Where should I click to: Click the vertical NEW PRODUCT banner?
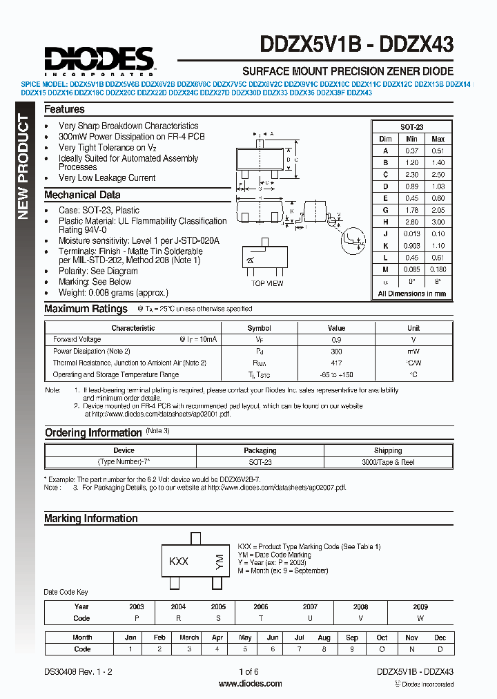tap(23, 166)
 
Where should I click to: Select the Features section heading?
tap(64, 109)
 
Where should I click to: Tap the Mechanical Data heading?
tap(82, 195)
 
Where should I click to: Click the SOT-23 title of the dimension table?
tap(411, 127)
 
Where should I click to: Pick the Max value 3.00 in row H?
tap(438, 222)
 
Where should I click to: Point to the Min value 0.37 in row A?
tap(412, 150)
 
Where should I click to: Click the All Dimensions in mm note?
tap(411, 294)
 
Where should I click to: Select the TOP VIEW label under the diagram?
tap(267, 283)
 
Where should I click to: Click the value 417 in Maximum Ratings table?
tap(336, 363)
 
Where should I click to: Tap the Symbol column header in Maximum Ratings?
tap(259, 328)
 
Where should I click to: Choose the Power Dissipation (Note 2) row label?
tap(91, 351)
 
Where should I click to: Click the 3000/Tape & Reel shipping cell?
tap(388, 462)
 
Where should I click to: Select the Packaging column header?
tap(260, 450)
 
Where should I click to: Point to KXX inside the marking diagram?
tap(179, 562)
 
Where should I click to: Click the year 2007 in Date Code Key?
tap(310, 606)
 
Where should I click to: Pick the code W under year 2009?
tap(420, 618)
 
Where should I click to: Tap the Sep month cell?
tap(352, 638)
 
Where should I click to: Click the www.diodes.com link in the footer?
tap(249, 684)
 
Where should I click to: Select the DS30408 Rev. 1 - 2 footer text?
tap(78, 671)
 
